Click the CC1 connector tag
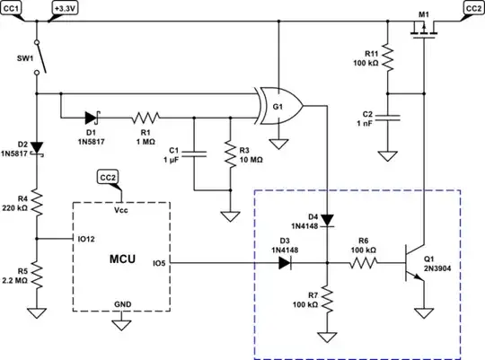pyautogui.click(x=16, y=7)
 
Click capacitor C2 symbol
pyautogui.click(x=386, y=118)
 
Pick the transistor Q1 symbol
pyautogui.click(x=414, y=264)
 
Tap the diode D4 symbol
pyautogui.click(x=327, y=218)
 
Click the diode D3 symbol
pyautogui.click(x=286, y=263)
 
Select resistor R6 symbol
pyautogui.click(x=365, y=263)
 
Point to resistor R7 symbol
pyautogui.click(x=327, y=297)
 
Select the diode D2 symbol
pyautogui.click(x=36, y=147)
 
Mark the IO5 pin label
pyautogui.click(x=159, y=263)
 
